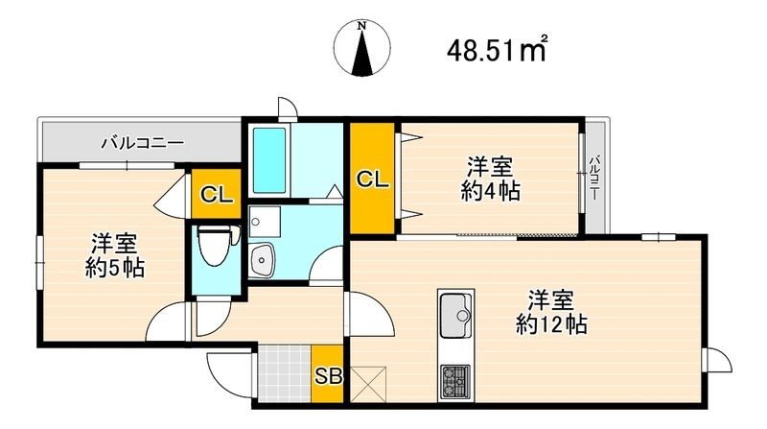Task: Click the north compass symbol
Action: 362,49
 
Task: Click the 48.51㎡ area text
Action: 496,50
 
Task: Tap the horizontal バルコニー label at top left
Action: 143,144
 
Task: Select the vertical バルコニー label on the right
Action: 594,177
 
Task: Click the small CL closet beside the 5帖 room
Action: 216,195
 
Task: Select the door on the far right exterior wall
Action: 715,362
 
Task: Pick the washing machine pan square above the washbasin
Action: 265,221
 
